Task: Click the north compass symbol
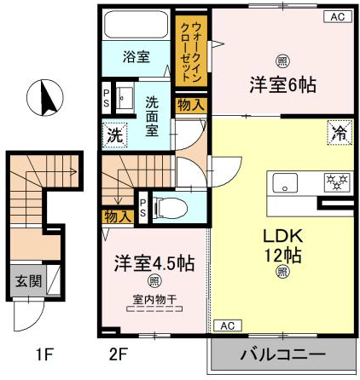click(x=45, y=98)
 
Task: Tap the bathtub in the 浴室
click(x=136, y=25)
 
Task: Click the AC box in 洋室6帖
click(x=338, y=16)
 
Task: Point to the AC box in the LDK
click(x=228, y=325)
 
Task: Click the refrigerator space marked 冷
click(x=340, y=133)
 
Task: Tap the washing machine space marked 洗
click(x=114, y=135)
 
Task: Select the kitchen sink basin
click(x=285, y=182)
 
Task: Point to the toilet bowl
click(x=170, y=208)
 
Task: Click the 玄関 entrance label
click(x=28, y=281)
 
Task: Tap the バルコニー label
click(x=283, y=354)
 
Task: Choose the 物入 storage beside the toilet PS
click(x=118, y=217)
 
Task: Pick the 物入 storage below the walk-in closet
click(x=191, y=106)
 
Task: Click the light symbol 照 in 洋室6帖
click(x=282, y=61)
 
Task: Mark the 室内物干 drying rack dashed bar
click(x=154, y=309)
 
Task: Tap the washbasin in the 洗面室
click(x=125, y=97)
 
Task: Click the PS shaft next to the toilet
click(x=142, y=208)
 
